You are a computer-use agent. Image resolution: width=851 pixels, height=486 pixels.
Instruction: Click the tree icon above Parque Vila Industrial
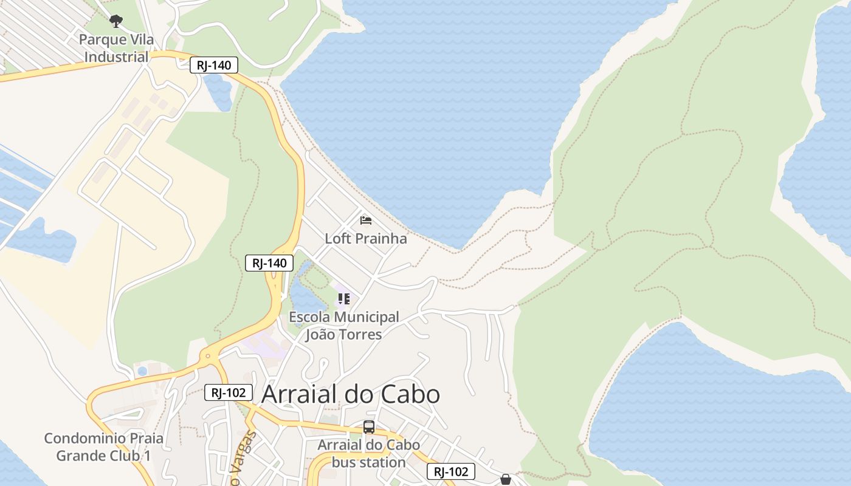(115, 22)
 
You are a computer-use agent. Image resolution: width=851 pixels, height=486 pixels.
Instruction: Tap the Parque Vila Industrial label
(116, 49)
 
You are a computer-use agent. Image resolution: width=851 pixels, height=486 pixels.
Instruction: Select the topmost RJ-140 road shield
(213, 65)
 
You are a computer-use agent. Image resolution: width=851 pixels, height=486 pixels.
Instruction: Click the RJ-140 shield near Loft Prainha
(269, 263)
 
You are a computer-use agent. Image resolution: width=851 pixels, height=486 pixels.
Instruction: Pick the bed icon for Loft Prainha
(366, 220)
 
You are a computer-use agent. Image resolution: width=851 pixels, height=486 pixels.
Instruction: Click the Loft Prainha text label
(365, 239)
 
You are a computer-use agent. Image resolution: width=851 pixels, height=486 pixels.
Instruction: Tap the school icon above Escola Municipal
(344, 298)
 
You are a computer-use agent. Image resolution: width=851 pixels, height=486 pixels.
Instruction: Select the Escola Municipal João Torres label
(343, 326)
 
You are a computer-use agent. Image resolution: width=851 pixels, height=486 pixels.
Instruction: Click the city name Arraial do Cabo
(350, 394)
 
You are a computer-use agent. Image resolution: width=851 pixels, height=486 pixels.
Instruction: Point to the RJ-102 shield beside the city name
(228, 392)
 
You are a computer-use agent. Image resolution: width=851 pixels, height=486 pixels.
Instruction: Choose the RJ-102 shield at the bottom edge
(450, 471)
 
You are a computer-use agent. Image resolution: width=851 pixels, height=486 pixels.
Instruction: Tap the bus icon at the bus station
(368, 426)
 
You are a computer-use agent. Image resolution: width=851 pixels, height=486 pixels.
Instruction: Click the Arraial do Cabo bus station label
(368, 453)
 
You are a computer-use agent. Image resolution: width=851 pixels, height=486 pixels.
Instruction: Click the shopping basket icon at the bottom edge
(505, 479)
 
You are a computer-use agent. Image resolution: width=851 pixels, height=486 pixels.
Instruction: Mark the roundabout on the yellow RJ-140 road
(208, 357)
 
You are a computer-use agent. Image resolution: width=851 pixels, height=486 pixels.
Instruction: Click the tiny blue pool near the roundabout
(142, 371)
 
